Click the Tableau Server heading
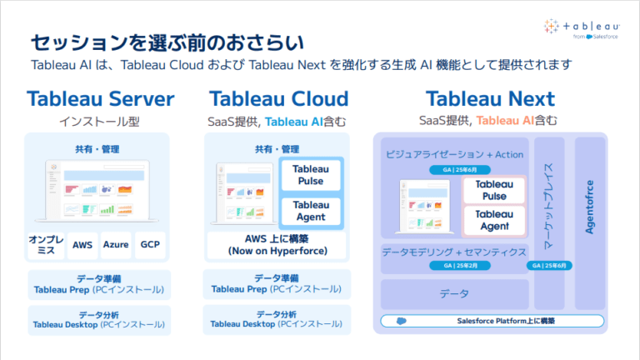point(100,99)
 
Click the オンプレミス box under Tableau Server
point(47,245)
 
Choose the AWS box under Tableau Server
point(82,245)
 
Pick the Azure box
point(116,245)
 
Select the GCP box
point(150,245)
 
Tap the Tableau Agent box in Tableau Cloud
point(311,212)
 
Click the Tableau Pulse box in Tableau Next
point(494,190)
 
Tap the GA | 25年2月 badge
point(454,266)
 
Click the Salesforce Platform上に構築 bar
point(506,320)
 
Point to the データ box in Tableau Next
point(454,293)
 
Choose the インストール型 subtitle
point(100,122)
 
